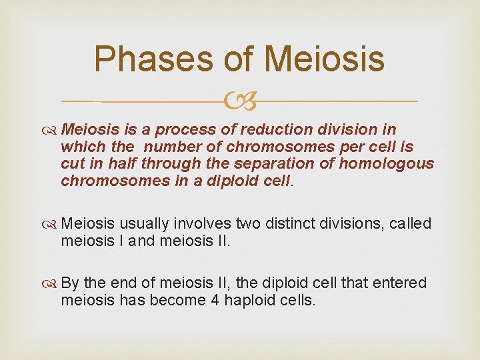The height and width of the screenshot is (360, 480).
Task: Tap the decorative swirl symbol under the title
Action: click(x=240, y=101)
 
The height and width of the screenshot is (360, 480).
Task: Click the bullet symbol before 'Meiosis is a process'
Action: click(x=51, y=129)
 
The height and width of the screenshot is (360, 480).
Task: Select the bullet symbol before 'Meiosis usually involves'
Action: click(x=51, y=224)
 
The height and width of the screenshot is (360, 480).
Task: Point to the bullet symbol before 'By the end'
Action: click(x=51, y=283)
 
